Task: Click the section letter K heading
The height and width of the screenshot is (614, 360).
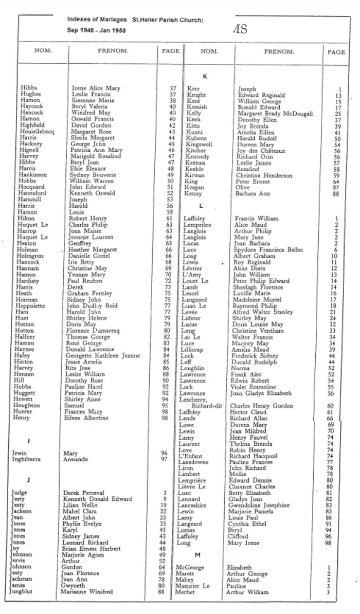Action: pos(205,77)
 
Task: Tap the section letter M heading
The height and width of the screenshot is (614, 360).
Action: pos(197,554)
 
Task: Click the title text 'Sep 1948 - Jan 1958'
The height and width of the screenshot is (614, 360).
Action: pos(96,30)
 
